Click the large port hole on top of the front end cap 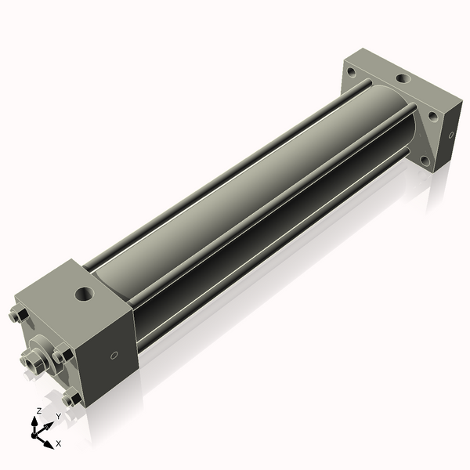(82, 295)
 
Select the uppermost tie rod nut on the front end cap (18, 316)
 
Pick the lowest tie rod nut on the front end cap (73, 399)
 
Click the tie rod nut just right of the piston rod (60, 356)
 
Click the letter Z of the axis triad (38, 410)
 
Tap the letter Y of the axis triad (58, 416)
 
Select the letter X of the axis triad (58, 443)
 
